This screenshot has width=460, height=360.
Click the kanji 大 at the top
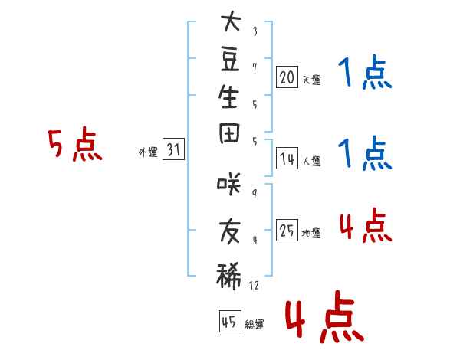(x=232, y=21)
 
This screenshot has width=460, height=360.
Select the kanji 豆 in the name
(x=230, y=60)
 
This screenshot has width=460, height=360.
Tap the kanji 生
(x=228, y=97)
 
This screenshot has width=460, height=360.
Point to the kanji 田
(x=229, y=133)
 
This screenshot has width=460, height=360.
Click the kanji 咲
(x=229, y=184)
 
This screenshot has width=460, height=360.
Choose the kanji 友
(x=230, y=232)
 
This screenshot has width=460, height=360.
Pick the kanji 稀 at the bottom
(x=228, y=276)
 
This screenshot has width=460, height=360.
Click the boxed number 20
(x=287, y=77)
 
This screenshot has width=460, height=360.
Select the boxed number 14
(x=287, y=159)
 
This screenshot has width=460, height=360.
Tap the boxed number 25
(x=287, y=230)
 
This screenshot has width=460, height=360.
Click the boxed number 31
(x=173, y=149)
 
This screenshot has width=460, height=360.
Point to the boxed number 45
(x=230, y=321)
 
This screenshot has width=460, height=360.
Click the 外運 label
(x=148, y=152)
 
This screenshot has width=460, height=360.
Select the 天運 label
(x=312, y=80)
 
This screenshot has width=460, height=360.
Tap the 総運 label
(x=255, y=325)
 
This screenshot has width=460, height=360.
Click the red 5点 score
(x=75, y=144)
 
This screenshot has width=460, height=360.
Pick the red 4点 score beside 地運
(x=366, y=225)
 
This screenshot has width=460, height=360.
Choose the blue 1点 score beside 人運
(x=365, y=152)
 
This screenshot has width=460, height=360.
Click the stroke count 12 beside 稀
(x=254, y=285)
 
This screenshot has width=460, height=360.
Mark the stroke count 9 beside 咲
(x=255, y=194)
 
